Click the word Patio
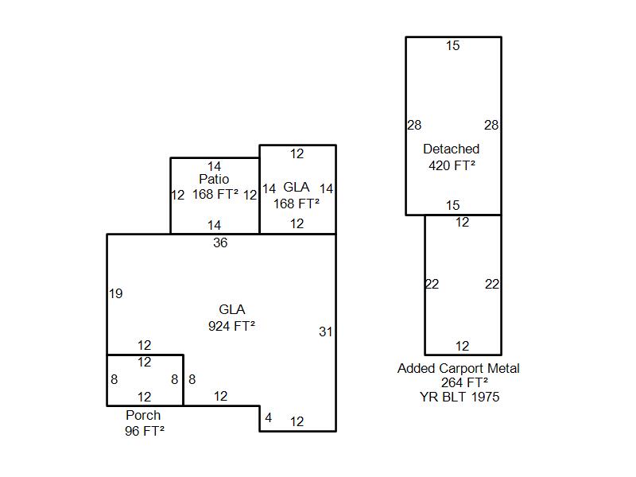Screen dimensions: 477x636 214,180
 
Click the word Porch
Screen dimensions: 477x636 143,415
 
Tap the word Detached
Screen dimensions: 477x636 451,149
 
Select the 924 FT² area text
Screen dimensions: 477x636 231,326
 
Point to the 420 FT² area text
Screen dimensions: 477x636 452,165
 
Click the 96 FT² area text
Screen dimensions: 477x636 144,431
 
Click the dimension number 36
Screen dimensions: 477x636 220,243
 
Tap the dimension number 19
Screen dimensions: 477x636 115,293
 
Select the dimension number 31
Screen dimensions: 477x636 325,332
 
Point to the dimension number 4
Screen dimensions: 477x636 269,417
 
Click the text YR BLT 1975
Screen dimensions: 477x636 460,397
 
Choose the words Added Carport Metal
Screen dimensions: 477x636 459,369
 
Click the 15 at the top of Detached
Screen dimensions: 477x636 452,46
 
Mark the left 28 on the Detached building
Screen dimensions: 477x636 414,125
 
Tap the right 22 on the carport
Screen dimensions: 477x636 492,284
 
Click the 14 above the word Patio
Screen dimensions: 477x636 214,166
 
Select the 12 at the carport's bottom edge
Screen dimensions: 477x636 463,346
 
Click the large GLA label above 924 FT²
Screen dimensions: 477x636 231,309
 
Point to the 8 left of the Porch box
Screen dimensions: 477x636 114,380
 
